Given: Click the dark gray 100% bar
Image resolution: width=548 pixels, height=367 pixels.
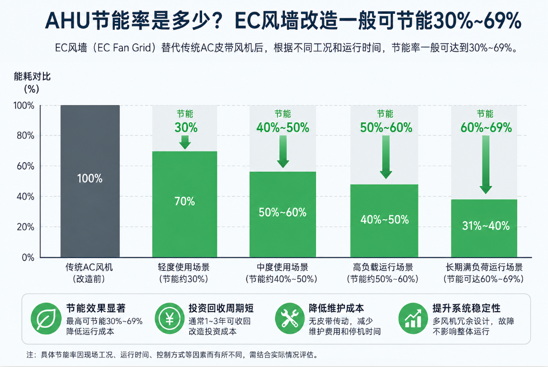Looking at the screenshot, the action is point(90,181).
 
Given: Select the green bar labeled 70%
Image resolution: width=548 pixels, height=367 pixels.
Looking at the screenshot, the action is point(184,204).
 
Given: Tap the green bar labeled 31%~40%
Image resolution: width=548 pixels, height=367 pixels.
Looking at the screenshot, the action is point(484,228).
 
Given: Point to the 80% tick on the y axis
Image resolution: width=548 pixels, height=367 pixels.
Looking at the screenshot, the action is point(26,135).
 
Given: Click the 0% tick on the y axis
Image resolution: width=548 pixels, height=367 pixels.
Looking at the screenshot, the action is point(28,257).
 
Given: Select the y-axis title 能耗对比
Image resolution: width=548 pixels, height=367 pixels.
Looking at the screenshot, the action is point(32,76).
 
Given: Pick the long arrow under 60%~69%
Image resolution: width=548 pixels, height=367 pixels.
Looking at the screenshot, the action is point(486,164).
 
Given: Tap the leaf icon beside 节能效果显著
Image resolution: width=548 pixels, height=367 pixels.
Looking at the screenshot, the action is point(46,318).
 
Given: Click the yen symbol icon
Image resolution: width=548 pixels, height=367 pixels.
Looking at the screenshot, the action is point(170,318).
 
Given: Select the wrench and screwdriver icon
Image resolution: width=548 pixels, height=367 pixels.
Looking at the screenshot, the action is point(290,318).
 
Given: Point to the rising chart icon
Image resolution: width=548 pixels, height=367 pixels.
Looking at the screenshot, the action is point(413,318).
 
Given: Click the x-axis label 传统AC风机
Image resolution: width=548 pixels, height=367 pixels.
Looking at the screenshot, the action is point(89,267).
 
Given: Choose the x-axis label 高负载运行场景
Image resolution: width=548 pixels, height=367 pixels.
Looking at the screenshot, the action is point(383,267).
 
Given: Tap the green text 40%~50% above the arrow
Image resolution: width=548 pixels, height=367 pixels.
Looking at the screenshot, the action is point(283,128).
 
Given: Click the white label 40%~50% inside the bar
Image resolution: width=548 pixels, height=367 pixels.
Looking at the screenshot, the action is point(384,220).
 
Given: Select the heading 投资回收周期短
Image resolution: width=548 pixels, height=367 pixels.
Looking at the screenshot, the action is point(221,308).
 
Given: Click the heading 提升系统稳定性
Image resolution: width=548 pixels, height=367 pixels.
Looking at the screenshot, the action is point(467,308).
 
